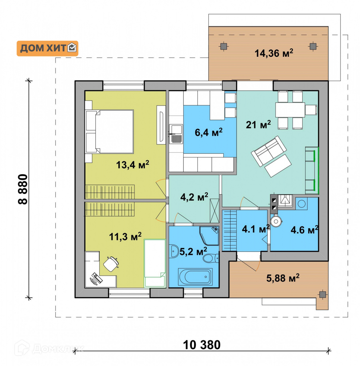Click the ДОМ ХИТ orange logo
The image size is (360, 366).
47,48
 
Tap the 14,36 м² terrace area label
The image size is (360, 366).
274,53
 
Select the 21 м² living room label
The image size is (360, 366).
258,125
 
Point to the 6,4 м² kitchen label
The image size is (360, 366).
208,132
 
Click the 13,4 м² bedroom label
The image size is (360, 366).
132,164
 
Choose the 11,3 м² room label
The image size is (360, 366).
125,236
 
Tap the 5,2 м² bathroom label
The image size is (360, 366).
193,252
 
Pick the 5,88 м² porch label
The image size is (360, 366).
283,278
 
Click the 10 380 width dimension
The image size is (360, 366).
202,345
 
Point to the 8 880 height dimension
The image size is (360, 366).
23,189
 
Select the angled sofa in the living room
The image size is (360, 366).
268,151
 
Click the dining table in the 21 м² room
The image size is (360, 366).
290,110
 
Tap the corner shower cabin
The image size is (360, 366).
209,235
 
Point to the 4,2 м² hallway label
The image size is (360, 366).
194,197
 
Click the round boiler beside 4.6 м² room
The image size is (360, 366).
276,221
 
